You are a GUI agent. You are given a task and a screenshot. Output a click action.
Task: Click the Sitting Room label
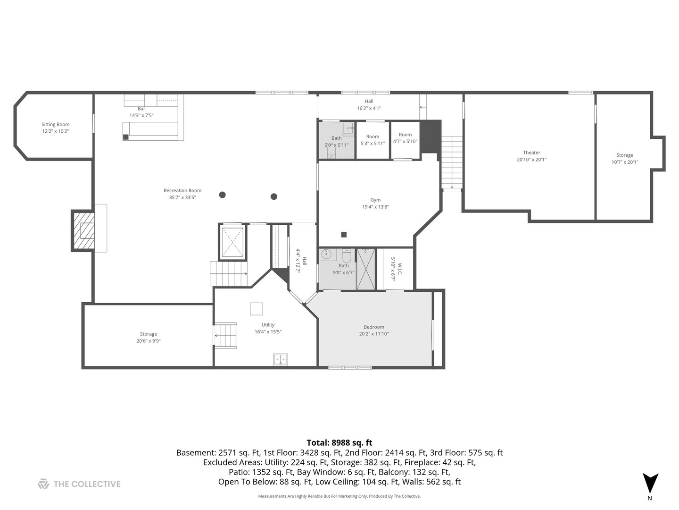55,125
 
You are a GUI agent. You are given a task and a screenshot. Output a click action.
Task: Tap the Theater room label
531,153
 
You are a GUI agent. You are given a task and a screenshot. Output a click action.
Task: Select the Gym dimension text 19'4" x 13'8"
375,207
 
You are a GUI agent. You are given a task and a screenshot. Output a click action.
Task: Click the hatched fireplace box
83,231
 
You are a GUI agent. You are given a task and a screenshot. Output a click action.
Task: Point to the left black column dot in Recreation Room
222,195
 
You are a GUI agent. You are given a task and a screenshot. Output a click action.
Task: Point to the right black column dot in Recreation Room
274,196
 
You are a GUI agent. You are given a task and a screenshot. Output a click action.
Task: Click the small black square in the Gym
344,235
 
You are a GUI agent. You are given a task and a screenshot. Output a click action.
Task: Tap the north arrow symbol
650,483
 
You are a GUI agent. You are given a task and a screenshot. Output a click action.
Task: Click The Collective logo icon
44,484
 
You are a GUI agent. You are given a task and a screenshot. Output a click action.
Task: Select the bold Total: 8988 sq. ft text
339,443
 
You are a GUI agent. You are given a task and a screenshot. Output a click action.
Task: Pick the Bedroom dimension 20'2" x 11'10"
373,334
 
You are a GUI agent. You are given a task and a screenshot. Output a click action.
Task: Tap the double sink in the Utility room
280,360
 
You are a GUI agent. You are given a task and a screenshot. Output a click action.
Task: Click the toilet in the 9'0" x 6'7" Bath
347,256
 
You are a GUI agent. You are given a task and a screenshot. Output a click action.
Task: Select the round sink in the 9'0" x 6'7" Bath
326,255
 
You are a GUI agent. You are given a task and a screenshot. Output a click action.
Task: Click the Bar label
141,109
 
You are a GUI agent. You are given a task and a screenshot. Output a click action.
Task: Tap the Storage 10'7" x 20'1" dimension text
625,162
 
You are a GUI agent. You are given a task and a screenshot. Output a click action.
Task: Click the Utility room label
268,325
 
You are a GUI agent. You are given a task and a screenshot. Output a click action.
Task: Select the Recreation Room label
182,190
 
